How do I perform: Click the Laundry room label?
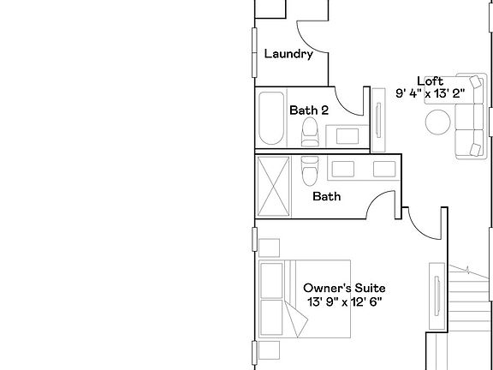(x=288, y=54)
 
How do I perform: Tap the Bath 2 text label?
(x=309, y=110)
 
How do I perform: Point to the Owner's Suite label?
(x=345, y=289)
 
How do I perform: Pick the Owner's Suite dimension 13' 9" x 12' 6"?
(x=345, y=302)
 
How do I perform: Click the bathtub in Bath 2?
(x=271, y=119)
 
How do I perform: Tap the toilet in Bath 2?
(x=310, y=131)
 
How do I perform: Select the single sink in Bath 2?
(x=347, y=134)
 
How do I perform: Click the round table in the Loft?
(x=438, y=123)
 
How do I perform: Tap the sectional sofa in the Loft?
(x=469, y=115)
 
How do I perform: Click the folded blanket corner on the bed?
(x=299, y=324)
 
